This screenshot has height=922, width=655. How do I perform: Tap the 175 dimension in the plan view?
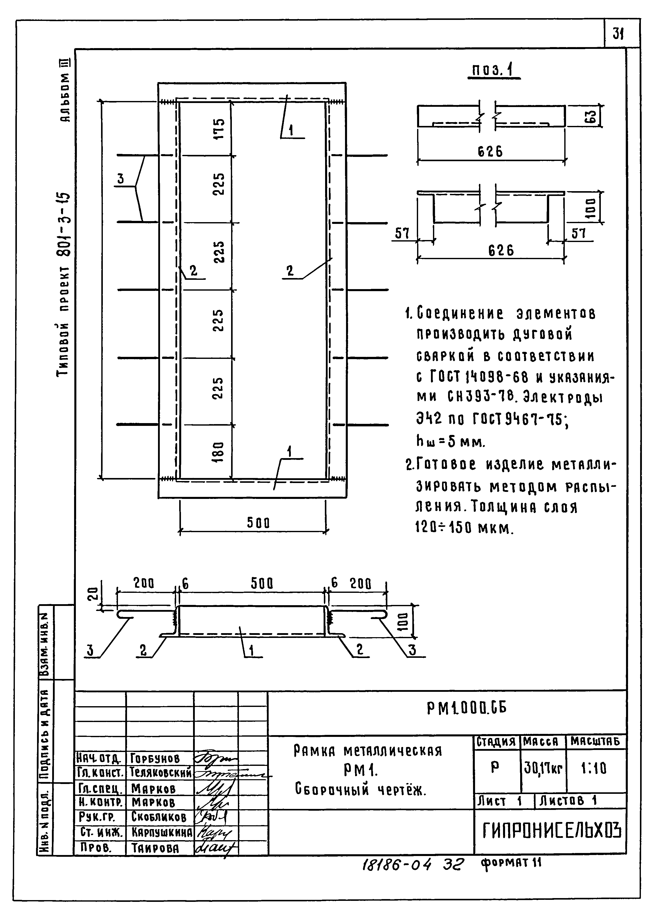(x=218, y=128)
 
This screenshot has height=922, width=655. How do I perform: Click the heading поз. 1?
(x=493, y=71)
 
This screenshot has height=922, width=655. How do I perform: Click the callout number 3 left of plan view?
(x=121, y=179)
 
